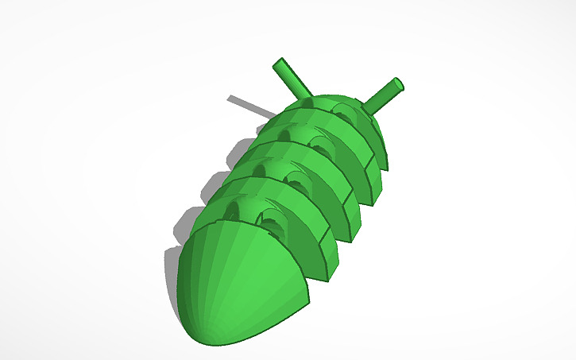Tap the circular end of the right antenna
click(398, 83)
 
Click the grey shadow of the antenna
click(246, 106)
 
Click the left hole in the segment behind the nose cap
click(232, 210)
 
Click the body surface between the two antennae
click(334, 99)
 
